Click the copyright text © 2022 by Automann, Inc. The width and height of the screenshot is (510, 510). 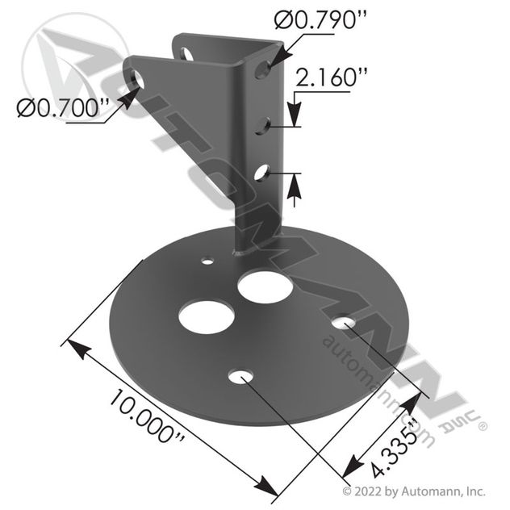414,490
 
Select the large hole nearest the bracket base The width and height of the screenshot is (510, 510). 265,286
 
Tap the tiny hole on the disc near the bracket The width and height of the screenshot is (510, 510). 208,261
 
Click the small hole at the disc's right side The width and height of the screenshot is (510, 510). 343,324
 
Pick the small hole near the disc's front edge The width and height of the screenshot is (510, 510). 240,377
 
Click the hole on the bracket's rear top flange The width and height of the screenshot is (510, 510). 186,54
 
